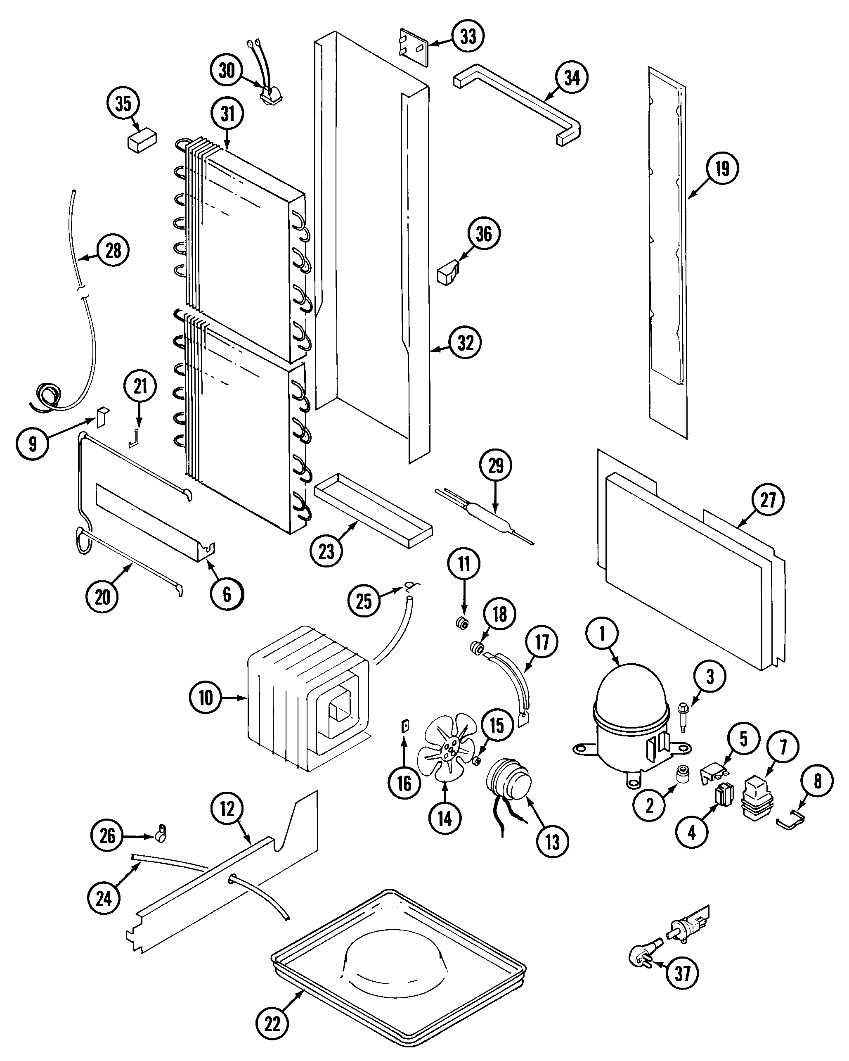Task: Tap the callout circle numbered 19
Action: pos(721,169)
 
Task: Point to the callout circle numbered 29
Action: pos(495,465)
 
